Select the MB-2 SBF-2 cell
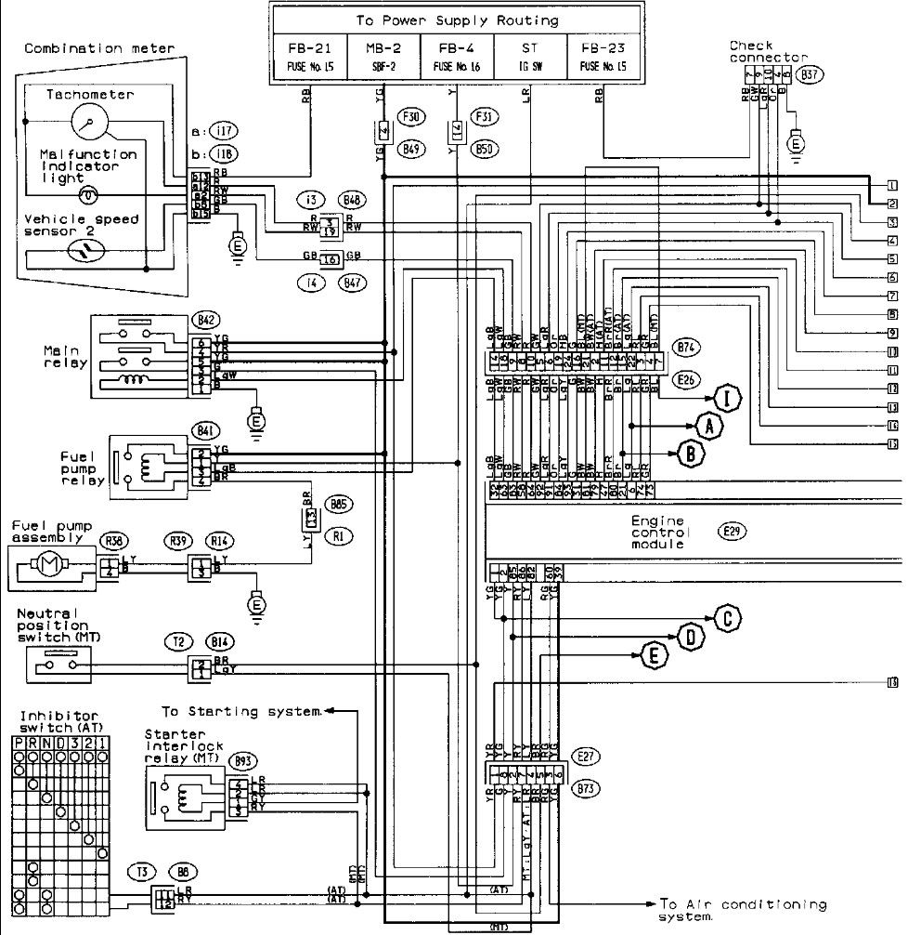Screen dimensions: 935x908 click(383, 56)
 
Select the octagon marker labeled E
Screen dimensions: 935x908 click(655, 655)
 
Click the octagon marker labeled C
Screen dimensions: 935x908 click(729, 617)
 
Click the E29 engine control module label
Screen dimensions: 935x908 click(733, 532)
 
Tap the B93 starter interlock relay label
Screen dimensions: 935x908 click(243, 761)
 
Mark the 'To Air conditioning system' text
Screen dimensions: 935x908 click(741, 909)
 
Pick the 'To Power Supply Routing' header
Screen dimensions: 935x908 click(457, 20)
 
